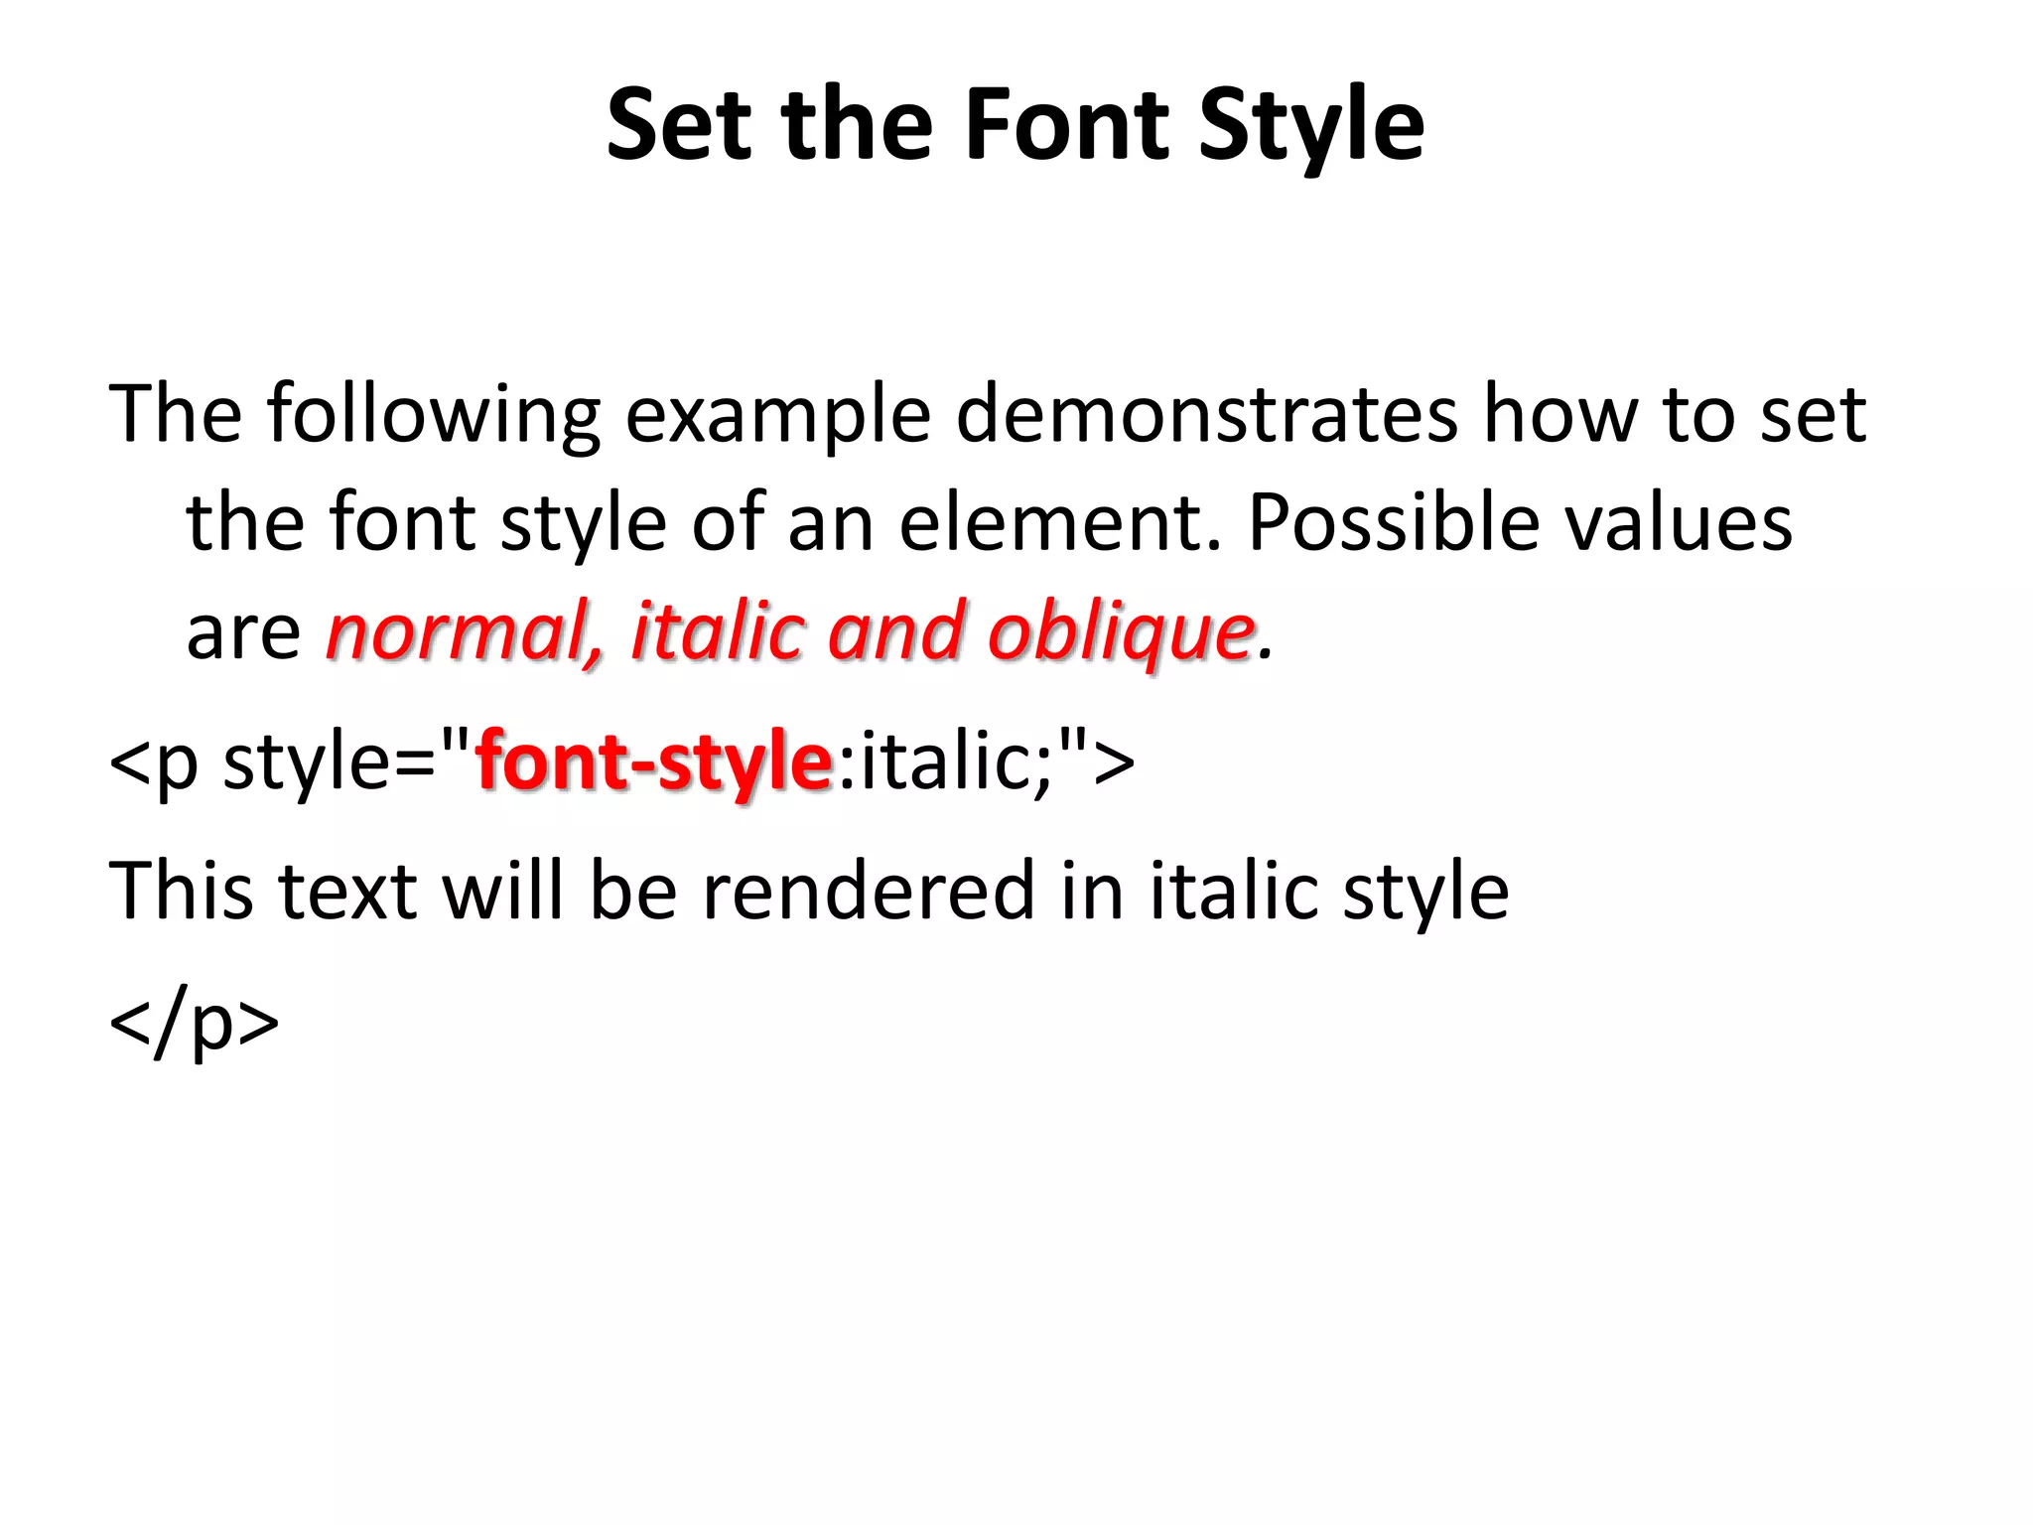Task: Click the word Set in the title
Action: [679, 125]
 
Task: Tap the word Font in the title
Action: [1067, 125]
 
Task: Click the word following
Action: [433, 415]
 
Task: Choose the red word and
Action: [895, 631]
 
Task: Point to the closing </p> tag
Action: [194, 1023]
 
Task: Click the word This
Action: [180, 891]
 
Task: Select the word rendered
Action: [868, 891]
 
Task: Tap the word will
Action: [503, 891]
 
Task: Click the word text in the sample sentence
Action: [346, 893]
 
